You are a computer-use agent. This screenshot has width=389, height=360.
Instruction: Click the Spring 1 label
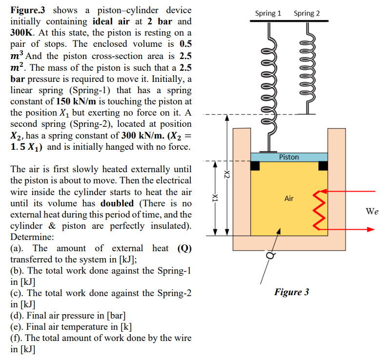tap(268, 13)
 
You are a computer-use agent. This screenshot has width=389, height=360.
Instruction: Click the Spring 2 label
tap(307, 13)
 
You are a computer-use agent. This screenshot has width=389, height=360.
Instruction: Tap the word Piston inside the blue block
tap(289, 157)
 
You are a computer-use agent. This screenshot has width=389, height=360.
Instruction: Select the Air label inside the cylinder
tap(289, 199)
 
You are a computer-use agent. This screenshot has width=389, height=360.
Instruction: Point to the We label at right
tap(372, 211)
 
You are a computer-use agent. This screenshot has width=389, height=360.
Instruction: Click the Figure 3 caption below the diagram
tap(291, 292)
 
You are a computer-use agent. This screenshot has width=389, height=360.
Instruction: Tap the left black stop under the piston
tap(255, 166)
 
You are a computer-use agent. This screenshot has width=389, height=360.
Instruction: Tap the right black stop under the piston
tap(323, 166)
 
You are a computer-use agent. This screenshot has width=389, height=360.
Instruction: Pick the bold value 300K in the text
tap(24, 33)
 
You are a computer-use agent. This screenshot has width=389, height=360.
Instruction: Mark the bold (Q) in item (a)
tap(184, 248)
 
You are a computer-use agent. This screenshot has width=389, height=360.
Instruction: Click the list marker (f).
tap(17, 338)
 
